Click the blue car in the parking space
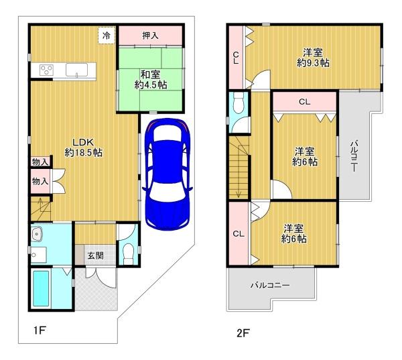(167, 174)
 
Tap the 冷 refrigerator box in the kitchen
(107, 36)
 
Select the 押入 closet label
(150, 36)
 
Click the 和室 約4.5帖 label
(151, 80)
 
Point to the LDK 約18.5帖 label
(83, 147)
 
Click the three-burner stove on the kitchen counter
(47, 69)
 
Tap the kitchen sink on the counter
(76, 70)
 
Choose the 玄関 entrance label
(96, 255)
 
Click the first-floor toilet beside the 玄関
(128, 253)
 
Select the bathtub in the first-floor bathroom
(41, 289)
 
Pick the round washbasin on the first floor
(37, 234)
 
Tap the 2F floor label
(243, 333)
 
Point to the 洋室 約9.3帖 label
(313, 58)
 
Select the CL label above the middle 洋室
(305, 102)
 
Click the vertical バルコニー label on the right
(354, 156)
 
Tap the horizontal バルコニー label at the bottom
(270, 285)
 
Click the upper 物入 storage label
(40, 162)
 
